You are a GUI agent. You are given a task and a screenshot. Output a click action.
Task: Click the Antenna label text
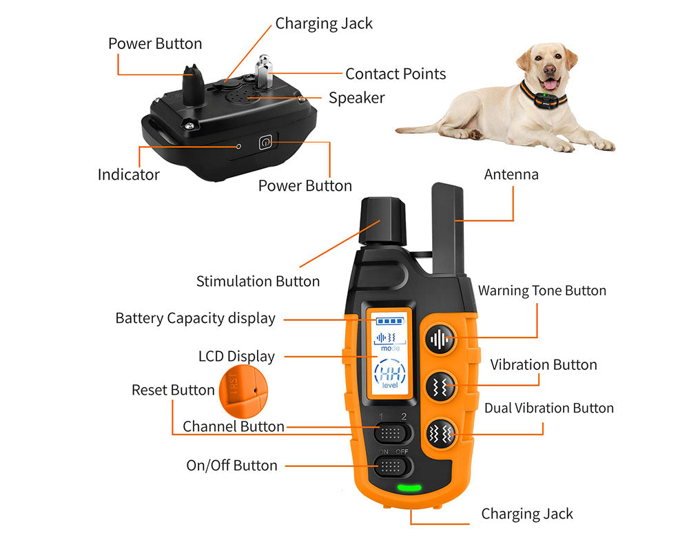pos(511,174)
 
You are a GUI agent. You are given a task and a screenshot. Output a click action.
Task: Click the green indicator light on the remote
pos(409,488)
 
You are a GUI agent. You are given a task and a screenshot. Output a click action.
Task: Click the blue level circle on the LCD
pos(390,376)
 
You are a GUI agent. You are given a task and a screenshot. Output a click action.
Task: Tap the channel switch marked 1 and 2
pos(393,433)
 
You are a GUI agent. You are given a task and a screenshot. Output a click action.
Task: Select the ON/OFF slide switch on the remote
pos(393,466)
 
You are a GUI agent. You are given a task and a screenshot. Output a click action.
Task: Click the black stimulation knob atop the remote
pos(382,220)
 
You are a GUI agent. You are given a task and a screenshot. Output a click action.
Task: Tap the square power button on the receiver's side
pos(265,143)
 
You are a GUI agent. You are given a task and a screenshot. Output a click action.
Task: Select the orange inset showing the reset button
pos(240,391)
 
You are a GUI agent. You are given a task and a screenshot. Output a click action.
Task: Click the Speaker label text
pos(356,98)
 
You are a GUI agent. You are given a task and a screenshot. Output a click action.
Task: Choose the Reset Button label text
pos(173,390)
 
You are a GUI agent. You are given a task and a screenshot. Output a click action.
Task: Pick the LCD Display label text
pos(236,356)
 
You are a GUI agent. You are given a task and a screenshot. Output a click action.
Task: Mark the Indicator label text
pos(128,174)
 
